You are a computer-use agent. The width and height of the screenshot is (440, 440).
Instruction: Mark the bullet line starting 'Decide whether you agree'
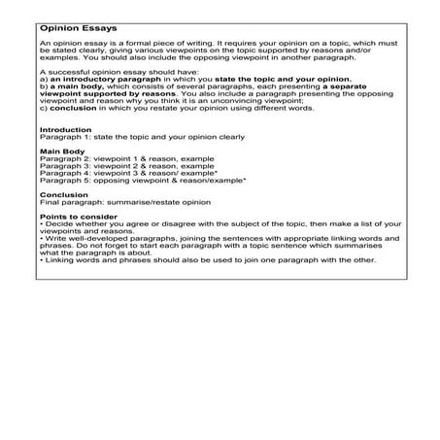pos(214,251)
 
